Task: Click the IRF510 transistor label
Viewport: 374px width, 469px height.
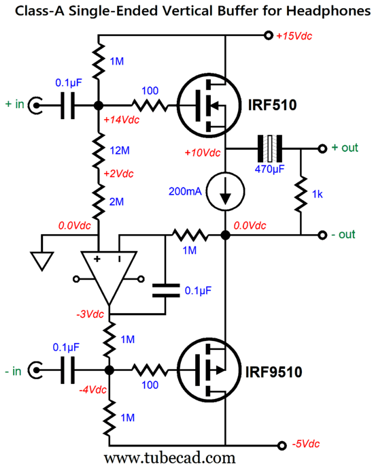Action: pyautogui.click(x=272, y=105)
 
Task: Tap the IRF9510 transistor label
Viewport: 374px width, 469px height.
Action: pyautogui.click(x=273, y=372)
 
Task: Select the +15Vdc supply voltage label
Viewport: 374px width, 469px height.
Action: pyautogui.click(x=294, y=36)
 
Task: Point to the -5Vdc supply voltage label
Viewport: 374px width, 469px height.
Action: pyautogui.click(x=305, y=444)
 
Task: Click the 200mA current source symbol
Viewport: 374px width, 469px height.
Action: pyautogui.click(x=226, y=191)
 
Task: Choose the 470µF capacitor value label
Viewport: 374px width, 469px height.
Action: pyautogui.click(x=269, y=169)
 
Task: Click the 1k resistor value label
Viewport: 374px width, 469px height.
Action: pyautogui.click(x=318, y=195)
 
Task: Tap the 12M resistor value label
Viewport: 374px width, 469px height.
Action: pyautogui.click(x=120, y=150)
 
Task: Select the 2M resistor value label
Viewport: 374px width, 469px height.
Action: pyautogui.click(x=116, y=202)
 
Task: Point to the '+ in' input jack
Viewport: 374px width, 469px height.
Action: pyautogui.click(x=35, y=106)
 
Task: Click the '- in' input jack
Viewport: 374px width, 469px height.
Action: pyautogui.click(x=35, y=370)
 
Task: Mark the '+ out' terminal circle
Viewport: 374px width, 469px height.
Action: pyautogui.click(x=322, y=148)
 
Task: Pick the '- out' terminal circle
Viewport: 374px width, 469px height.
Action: pyautogui.click(x=322, y=235)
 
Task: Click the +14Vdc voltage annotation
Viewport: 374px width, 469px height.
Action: pyautogui.click(x=121, y=120)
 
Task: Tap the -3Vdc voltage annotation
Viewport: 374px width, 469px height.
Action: pyautogui.click(x=90, y=314)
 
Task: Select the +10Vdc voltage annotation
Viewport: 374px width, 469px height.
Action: pyautogui.click(x=203, y=153)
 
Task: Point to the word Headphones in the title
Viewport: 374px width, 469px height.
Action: pyautogui.click(x=328, y=12)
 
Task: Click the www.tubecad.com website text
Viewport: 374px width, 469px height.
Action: pyautogui.click(x=170, y=458)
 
